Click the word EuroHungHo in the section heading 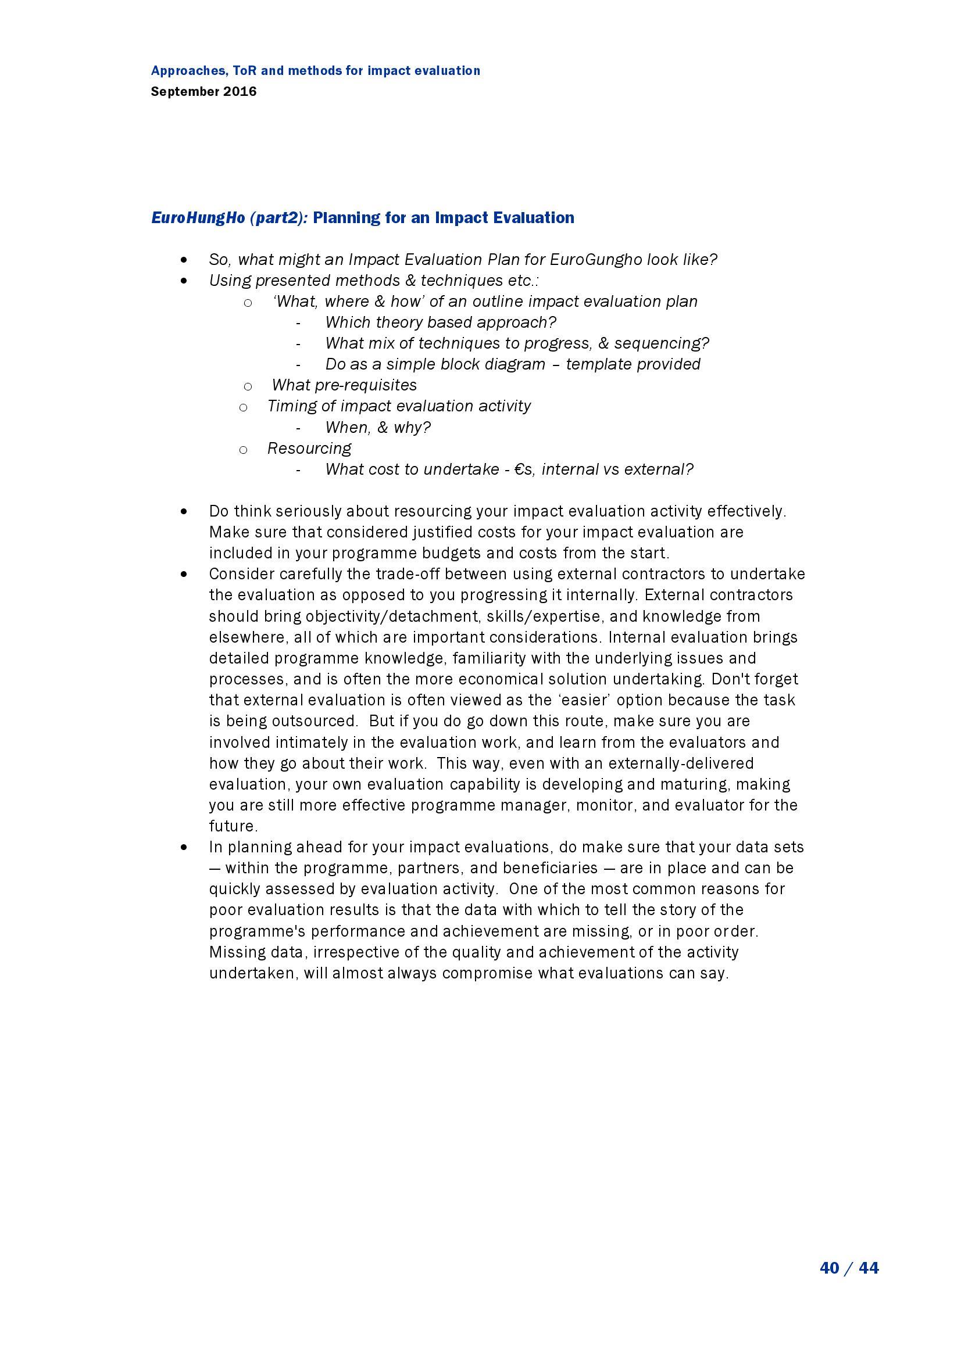click(x=198, y=218)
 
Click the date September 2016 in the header click(x=203, y=92)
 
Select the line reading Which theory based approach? click(x=441, y=322)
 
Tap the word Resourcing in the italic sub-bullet click(x=309, y=448)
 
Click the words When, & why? click(x=378, y=427)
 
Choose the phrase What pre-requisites click(x=344, y=385)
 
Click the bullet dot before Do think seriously click(x=185, y=511)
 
